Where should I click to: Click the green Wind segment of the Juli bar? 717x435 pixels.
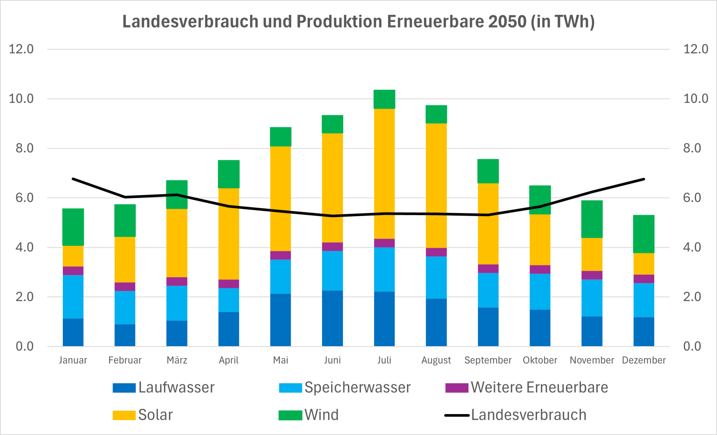[384, 99]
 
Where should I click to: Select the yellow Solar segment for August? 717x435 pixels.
[436, 186]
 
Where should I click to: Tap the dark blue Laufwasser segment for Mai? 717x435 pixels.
[281, 320]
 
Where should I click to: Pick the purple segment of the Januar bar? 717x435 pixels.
[73, 271]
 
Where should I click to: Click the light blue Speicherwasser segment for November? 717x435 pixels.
[592, 298]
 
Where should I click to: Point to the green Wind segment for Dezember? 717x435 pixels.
[644, 234]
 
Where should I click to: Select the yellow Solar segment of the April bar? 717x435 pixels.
[229, 234]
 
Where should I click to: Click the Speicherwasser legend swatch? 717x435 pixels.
[290, 388]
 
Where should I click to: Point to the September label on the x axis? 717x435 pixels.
[488, 360]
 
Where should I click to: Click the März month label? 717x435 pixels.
[177, 360]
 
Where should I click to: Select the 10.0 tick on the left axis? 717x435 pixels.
[21, 99]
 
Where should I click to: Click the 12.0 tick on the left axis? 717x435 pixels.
[21, 49]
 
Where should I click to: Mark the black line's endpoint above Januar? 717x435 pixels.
[73, 179]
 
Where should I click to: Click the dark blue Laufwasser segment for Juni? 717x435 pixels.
[333, 319]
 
